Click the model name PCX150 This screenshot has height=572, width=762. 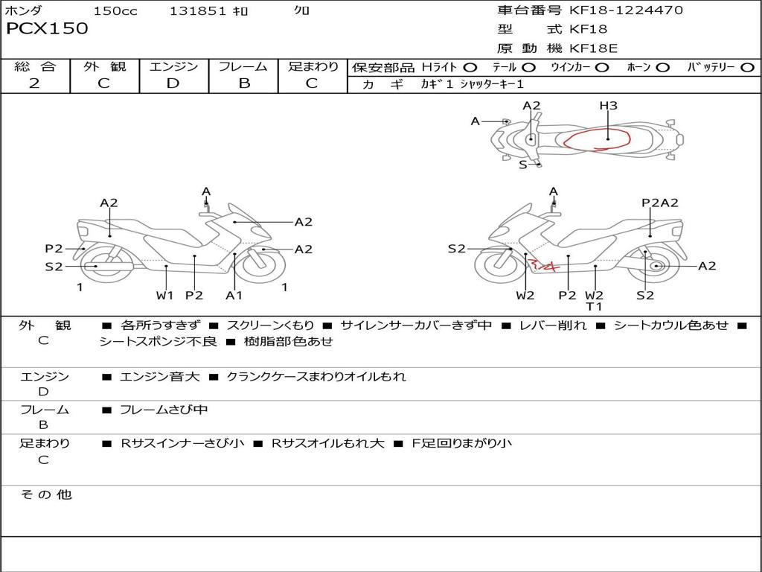point(47,29)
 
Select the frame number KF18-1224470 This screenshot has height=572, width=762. point(626,10)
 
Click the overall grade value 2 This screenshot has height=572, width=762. point(34,83)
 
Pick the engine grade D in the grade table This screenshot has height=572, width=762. point(173,83)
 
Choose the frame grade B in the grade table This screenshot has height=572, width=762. point(243,83)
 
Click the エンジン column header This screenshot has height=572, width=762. point(173,67)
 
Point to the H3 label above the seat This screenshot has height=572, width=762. point(608,106)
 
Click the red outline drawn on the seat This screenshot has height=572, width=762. point(595,138)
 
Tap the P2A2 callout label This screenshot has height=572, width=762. point(659,203)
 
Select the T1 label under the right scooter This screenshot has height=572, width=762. point(595,307)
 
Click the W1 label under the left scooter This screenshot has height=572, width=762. point(165,296)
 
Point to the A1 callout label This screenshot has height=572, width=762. point(234,296)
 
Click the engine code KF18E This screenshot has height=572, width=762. point(593,49)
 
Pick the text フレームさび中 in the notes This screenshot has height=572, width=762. point(164,410)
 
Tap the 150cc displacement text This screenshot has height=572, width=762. point(115,11)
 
